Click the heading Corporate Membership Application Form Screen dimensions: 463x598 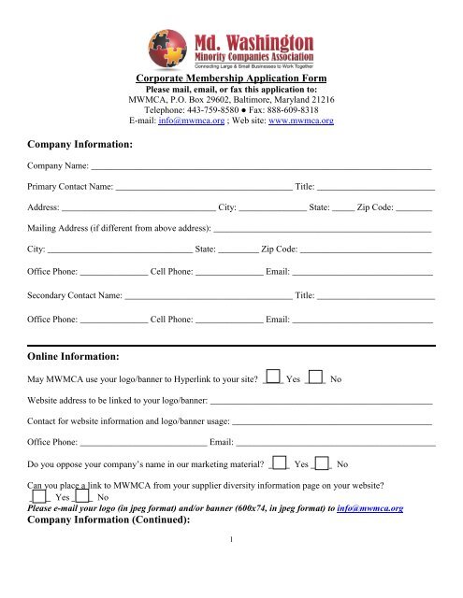[x=230, y=79]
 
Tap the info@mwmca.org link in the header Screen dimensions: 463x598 [x=186, y=121]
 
